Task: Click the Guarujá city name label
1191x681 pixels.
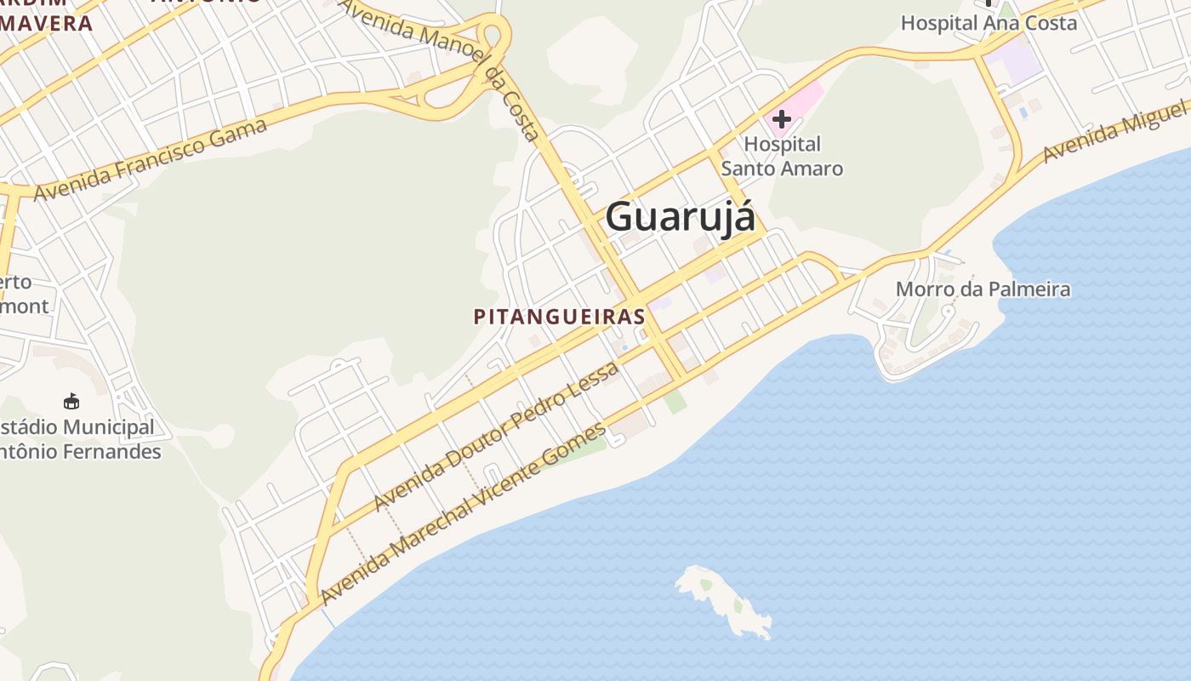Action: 680,216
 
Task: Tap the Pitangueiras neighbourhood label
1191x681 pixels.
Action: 559,317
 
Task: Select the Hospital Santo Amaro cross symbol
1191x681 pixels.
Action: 781,119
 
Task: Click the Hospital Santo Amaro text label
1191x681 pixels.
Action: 782,156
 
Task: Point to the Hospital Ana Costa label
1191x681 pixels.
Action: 989,23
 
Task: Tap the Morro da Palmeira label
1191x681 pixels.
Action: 983,289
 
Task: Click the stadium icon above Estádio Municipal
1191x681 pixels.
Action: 71,401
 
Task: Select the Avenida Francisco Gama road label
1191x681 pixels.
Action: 151,160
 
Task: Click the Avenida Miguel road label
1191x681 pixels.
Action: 1114,132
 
